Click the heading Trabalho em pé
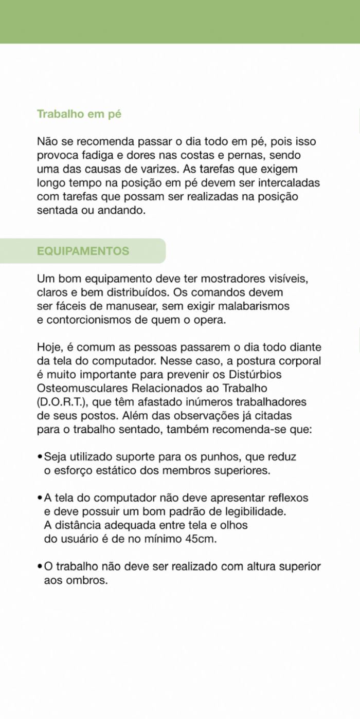[79, 114]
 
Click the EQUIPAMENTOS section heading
[83, 251]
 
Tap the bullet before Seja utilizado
[40, 457]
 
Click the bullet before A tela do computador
[40, 498]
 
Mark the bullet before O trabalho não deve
[40, 567]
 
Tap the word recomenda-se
[248, 429]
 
